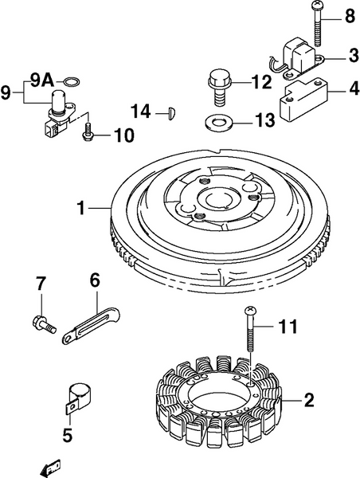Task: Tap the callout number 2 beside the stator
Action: click(x=309, y=399)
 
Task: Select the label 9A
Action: click(x=42, y=80)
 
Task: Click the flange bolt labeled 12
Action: click(x=217, y=85)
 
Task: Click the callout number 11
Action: click(x=287, y=325)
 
